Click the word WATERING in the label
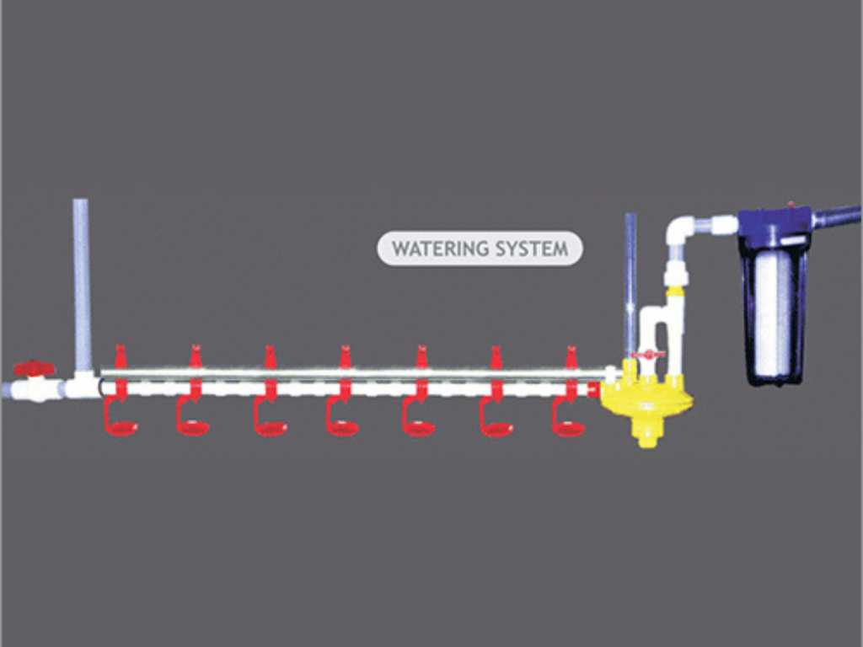coord(441,249)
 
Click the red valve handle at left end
coord(34,368)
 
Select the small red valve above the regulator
coord(648,356)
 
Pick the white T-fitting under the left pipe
coord(82,387)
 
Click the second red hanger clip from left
coord(195,358)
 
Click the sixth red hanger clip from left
coord(496,358)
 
